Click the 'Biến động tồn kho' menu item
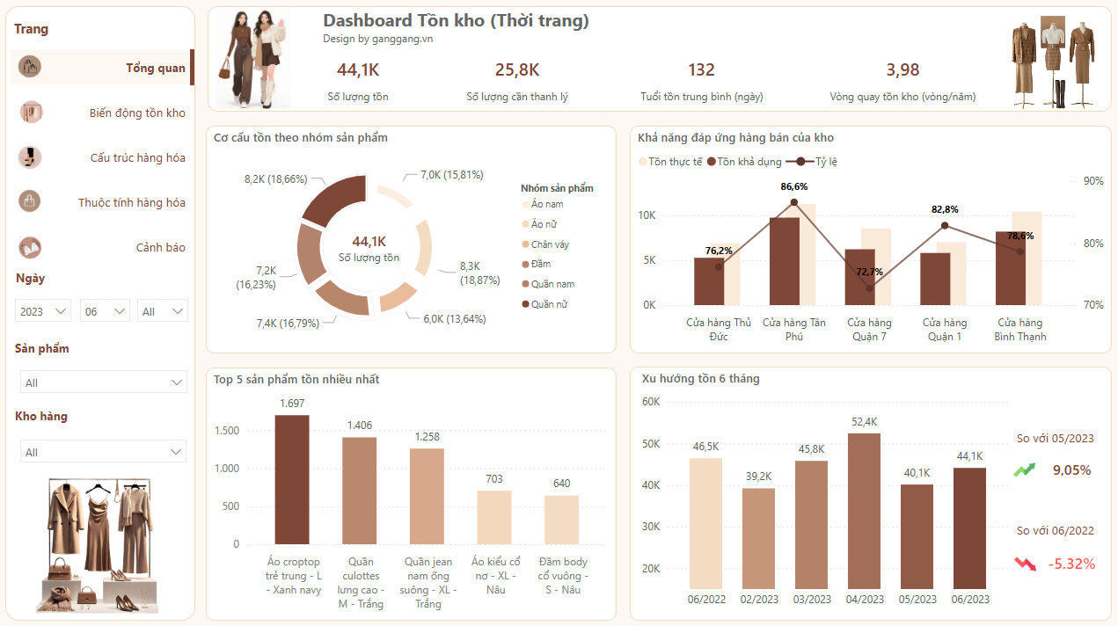tap(137, 113)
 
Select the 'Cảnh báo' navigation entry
tap(160, 247)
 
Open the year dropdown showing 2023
tap(43, 311)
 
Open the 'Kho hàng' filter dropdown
tap(103, 452)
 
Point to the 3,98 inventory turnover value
tap(902, 70)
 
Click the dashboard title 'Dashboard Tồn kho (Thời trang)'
tap(456, 20)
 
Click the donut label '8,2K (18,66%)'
tap(275, 178)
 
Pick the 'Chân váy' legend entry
tap(550, 244)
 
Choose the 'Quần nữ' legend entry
tap(548, 304)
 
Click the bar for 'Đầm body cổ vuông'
tap(561, 520)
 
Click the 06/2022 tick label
tap(706, 600)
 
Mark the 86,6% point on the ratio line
tap(793, 202)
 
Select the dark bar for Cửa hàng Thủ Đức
tap(710, 281)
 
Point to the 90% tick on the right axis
tap(1092, 181)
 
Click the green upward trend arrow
tap(1024, 470)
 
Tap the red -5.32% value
tap(1071, 564)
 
